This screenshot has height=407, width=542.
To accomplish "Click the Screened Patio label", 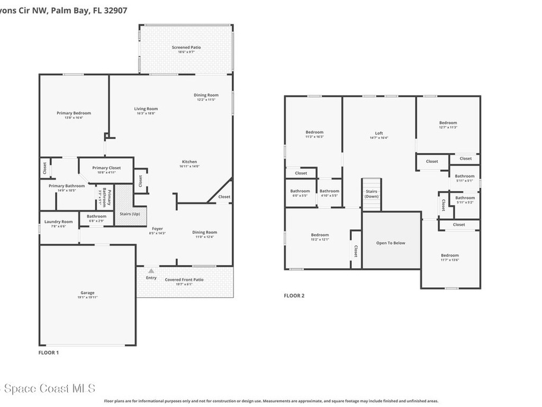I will pyautogui.click(x=186, y=48).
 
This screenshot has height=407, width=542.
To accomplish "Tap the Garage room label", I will pyautogui.click(x=87, y=293).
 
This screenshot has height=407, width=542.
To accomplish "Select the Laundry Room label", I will pyautogui.click(x=59, y=222).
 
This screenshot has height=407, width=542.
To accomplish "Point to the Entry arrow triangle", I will pyautogui.click(x=151, y=271).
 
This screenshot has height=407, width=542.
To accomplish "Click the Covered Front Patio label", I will pyautogui.click(x=184, y=280).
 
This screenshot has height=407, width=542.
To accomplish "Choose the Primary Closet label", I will pyautogui.click(x=106, y=168).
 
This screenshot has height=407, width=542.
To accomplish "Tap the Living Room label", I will pyautogui.click(x=146, y=109).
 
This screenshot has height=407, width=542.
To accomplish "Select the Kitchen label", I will pyautogui.click(x=189, y=162).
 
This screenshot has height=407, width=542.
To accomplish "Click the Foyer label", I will pyautogui.click(x=158, y=229).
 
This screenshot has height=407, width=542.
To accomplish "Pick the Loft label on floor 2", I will pyautogui.click(x=379, y=134).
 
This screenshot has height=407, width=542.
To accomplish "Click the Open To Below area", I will pyautogui.click(x=391, y=243).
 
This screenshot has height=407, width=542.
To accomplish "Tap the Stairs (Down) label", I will pyautogui.click(x=372, y=193).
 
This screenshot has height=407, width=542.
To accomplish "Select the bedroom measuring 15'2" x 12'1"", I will pyautogui.click(x=320, y=235).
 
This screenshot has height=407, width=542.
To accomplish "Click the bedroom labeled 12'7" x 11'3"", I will pyautogui.click(x=448, y=123).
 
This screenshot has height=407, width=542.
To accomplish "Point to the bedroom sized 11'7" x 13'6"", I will pyautogui.click(x=450, y=255).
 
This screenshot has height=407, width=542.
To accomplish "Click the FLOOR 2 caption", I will pyautogui.click(x=294, y=296).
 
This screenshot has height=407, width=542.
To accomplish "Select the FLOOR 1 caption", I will pyautogui.click(x=49, y=352).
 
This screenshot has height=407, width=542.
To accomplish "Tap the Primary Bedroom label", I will pyautogui.click(x=74, y=113).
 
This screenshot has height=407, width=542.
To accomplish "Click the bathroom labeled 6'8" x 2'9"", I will pyautogui.click(x=96, y=217).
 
